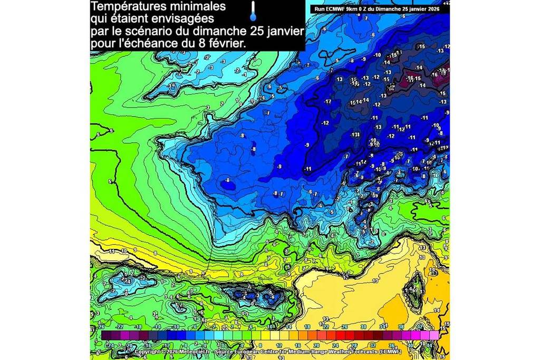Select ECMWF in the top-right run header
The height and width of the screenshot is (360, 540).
click(x=331, y=9)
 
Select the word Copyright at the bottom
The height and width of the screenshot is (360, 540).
click(x=147, y=352)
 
